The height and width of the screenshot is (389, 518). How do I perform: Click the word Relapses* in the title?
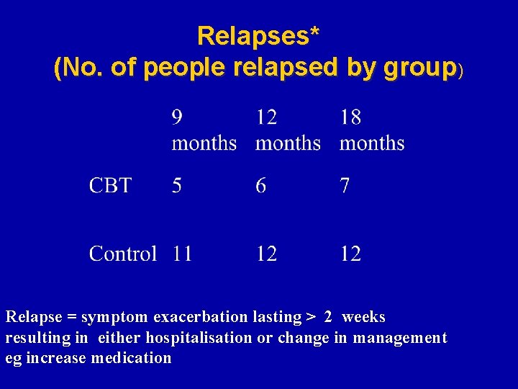click(258, 35)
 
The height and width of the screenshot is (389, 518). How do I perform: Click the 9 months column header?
click(204, 130)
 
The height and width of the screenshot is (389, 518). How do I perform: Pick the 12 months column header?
click(288, 130)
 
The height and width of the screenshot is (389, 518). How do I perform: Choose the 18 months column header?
click(372, 130)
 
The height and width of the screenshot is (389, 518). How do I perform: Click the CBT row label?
click(110, 186)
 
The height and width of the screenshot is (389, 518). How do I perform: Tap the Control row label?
click(122, 254)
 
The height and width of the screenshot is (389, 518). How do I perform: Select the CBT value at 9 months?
click(177, 186)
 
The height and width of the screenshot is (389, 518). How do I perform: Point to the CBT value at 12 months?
click(260, 186)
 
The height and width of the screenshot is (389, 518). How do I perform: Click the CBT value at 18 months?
click(345, 186)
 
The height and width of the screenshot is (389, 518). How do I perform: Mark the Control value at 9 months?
click(182, 254)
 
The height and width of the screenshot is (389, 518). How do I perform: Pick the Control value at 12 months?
click(266, 254)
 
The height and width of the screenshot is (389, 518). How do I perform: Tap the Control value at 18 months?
click(350, 254)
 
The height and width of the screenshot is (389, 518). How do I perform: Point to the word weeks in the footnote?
click(363, 317)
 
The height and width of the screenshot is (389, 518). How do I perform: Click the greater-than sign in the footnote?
click(312, 318)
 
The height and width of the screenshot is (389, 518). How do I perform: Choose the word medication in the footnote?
click(131, 357)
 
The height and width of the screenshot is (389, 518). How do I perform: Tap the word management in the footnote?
click(400, 337)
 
